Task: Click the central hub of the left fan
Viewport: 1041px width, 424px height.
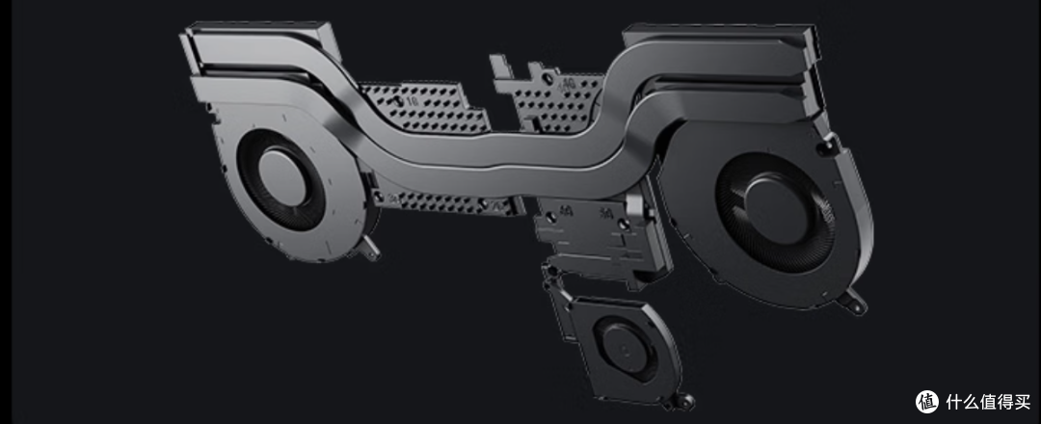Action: [281, 179]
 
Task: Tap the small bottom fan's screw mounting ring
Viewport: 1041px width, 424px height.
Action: [684, 401]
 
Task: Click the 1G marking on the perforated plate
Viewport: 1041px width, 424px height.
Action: [413, 101]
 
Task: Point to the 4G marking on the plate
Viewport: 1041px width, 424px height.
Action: [569, 84]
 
